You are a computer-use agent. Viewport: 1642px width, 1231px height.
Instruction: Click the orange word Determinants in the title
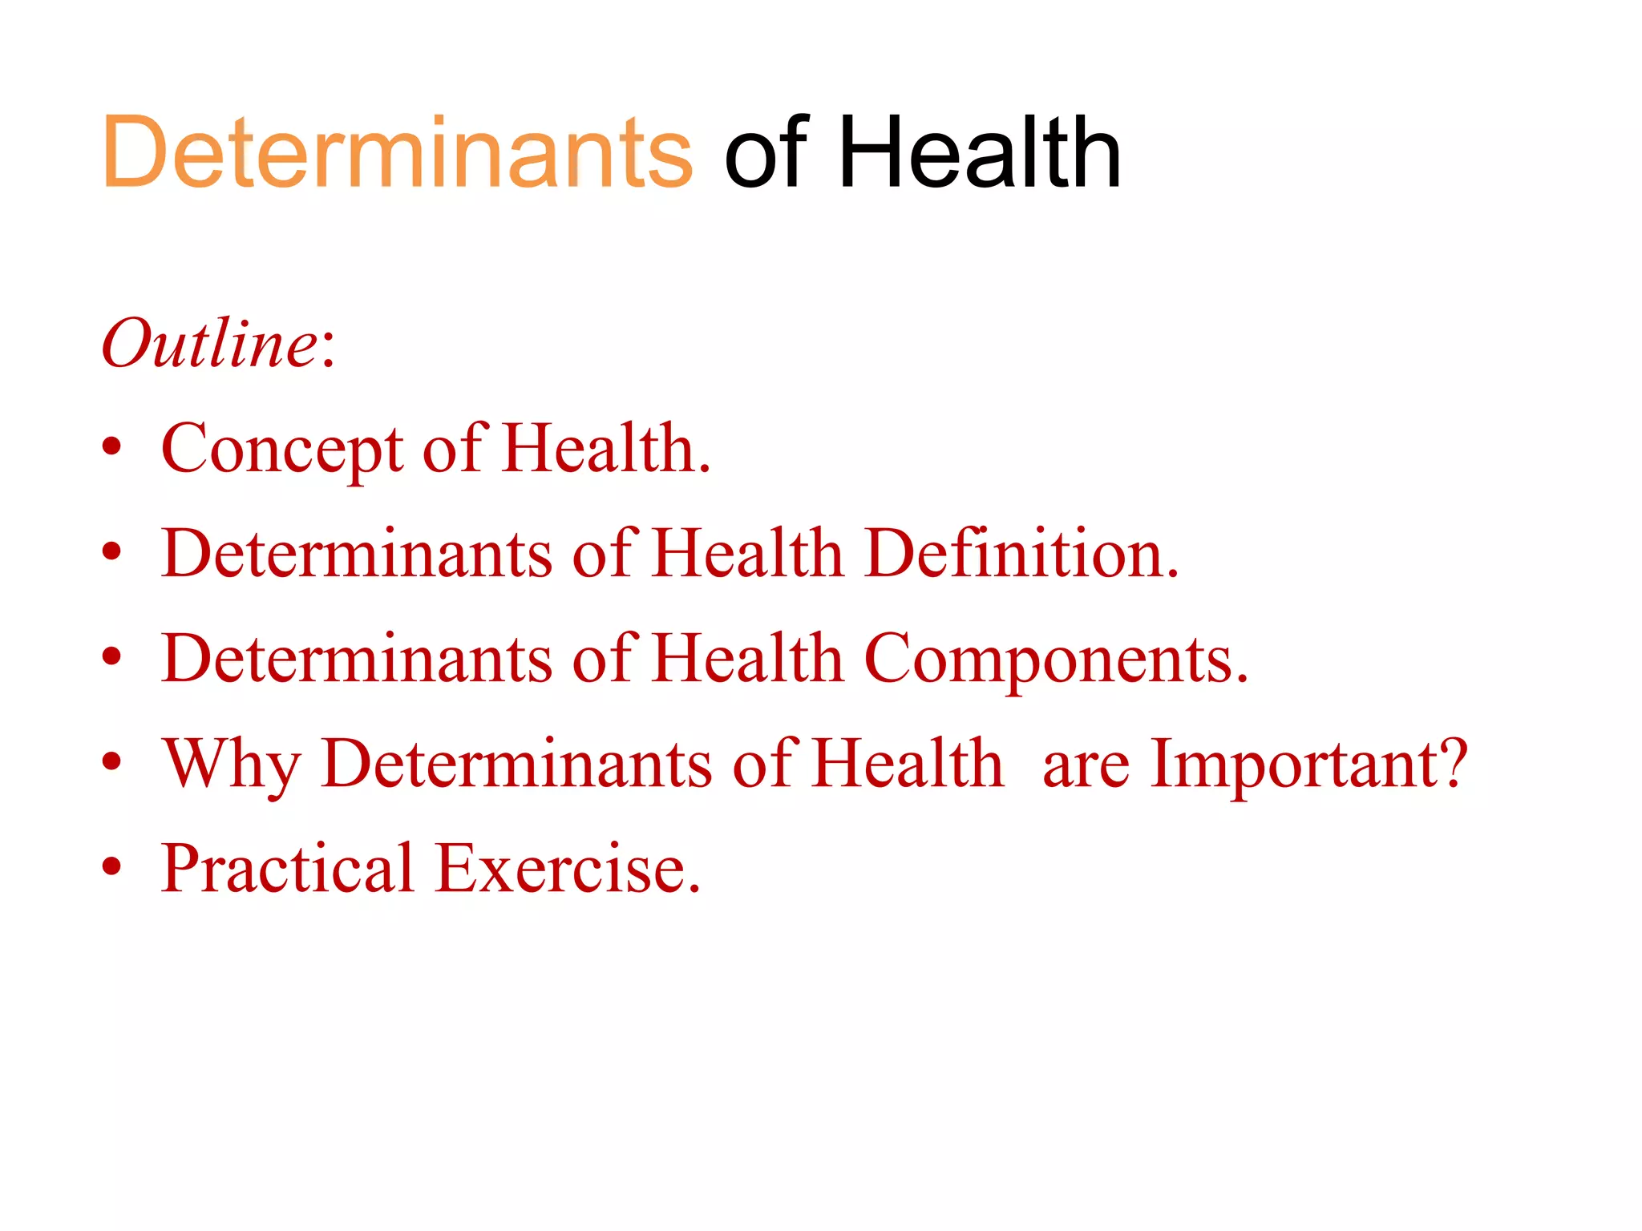pyautogui.click(x=397, y=152)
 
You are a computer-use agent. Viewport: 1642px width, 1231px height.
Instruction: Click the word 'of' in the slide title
pyautogui.click(x=765, y=152)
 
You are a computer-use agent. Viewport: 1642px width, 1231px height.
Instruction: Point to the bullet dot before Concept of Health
pyautogui.click(x=112, y=446)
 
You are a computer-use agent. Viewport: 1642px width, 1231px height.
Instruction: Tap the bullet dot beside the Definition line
pyautogui.click(x=112, y=551)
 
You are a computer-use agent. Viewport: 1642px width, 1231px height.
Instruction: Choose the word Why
pyautogui.click(x=232, y=764)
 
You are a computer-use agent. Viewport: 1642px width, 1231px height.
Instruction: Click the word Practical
pyautogui.click(x=287, y=868)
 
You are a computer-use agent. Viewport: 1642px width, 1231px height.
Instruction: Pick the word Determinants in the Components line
pyautogui.click(x=357, y=659)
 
